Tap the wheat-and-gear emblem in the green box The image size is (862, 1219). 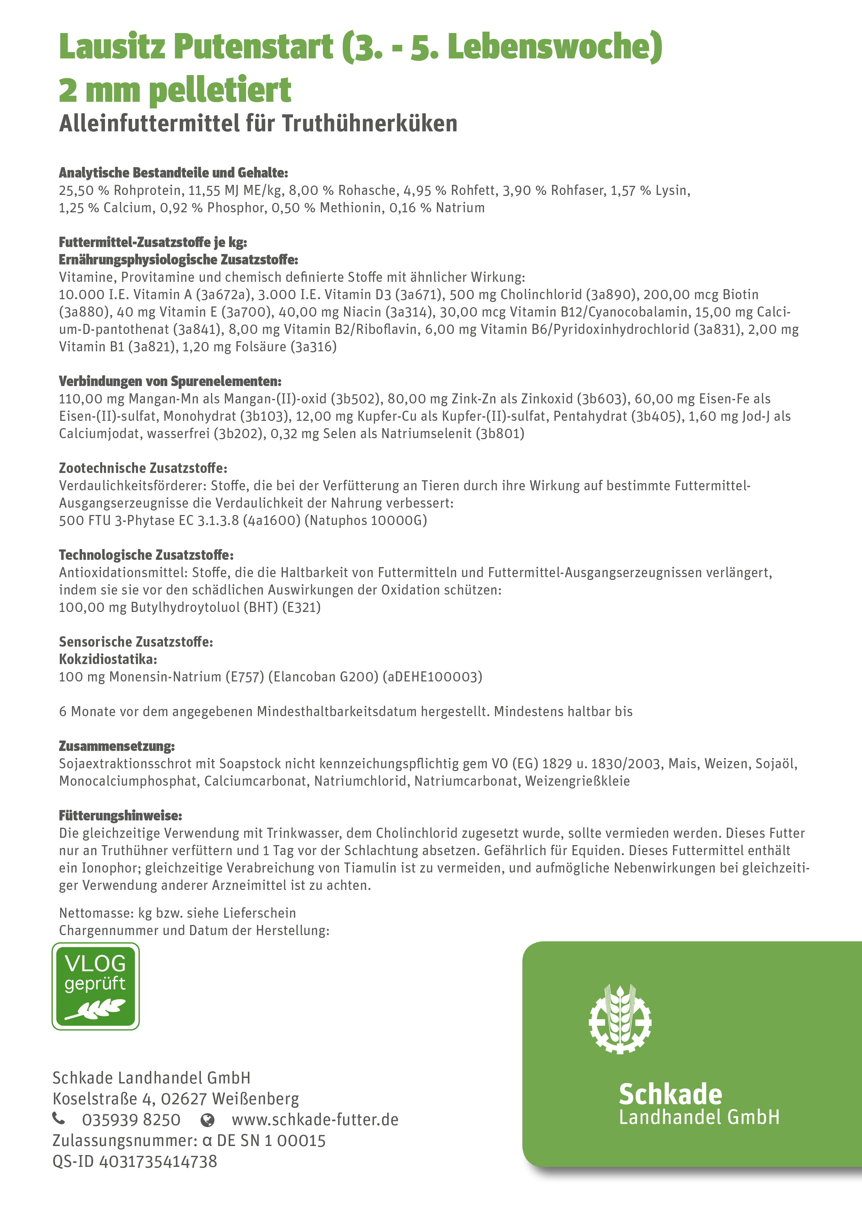point(620,1020)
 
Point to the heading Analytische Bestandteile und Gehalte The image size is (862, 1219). point(173,173)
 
